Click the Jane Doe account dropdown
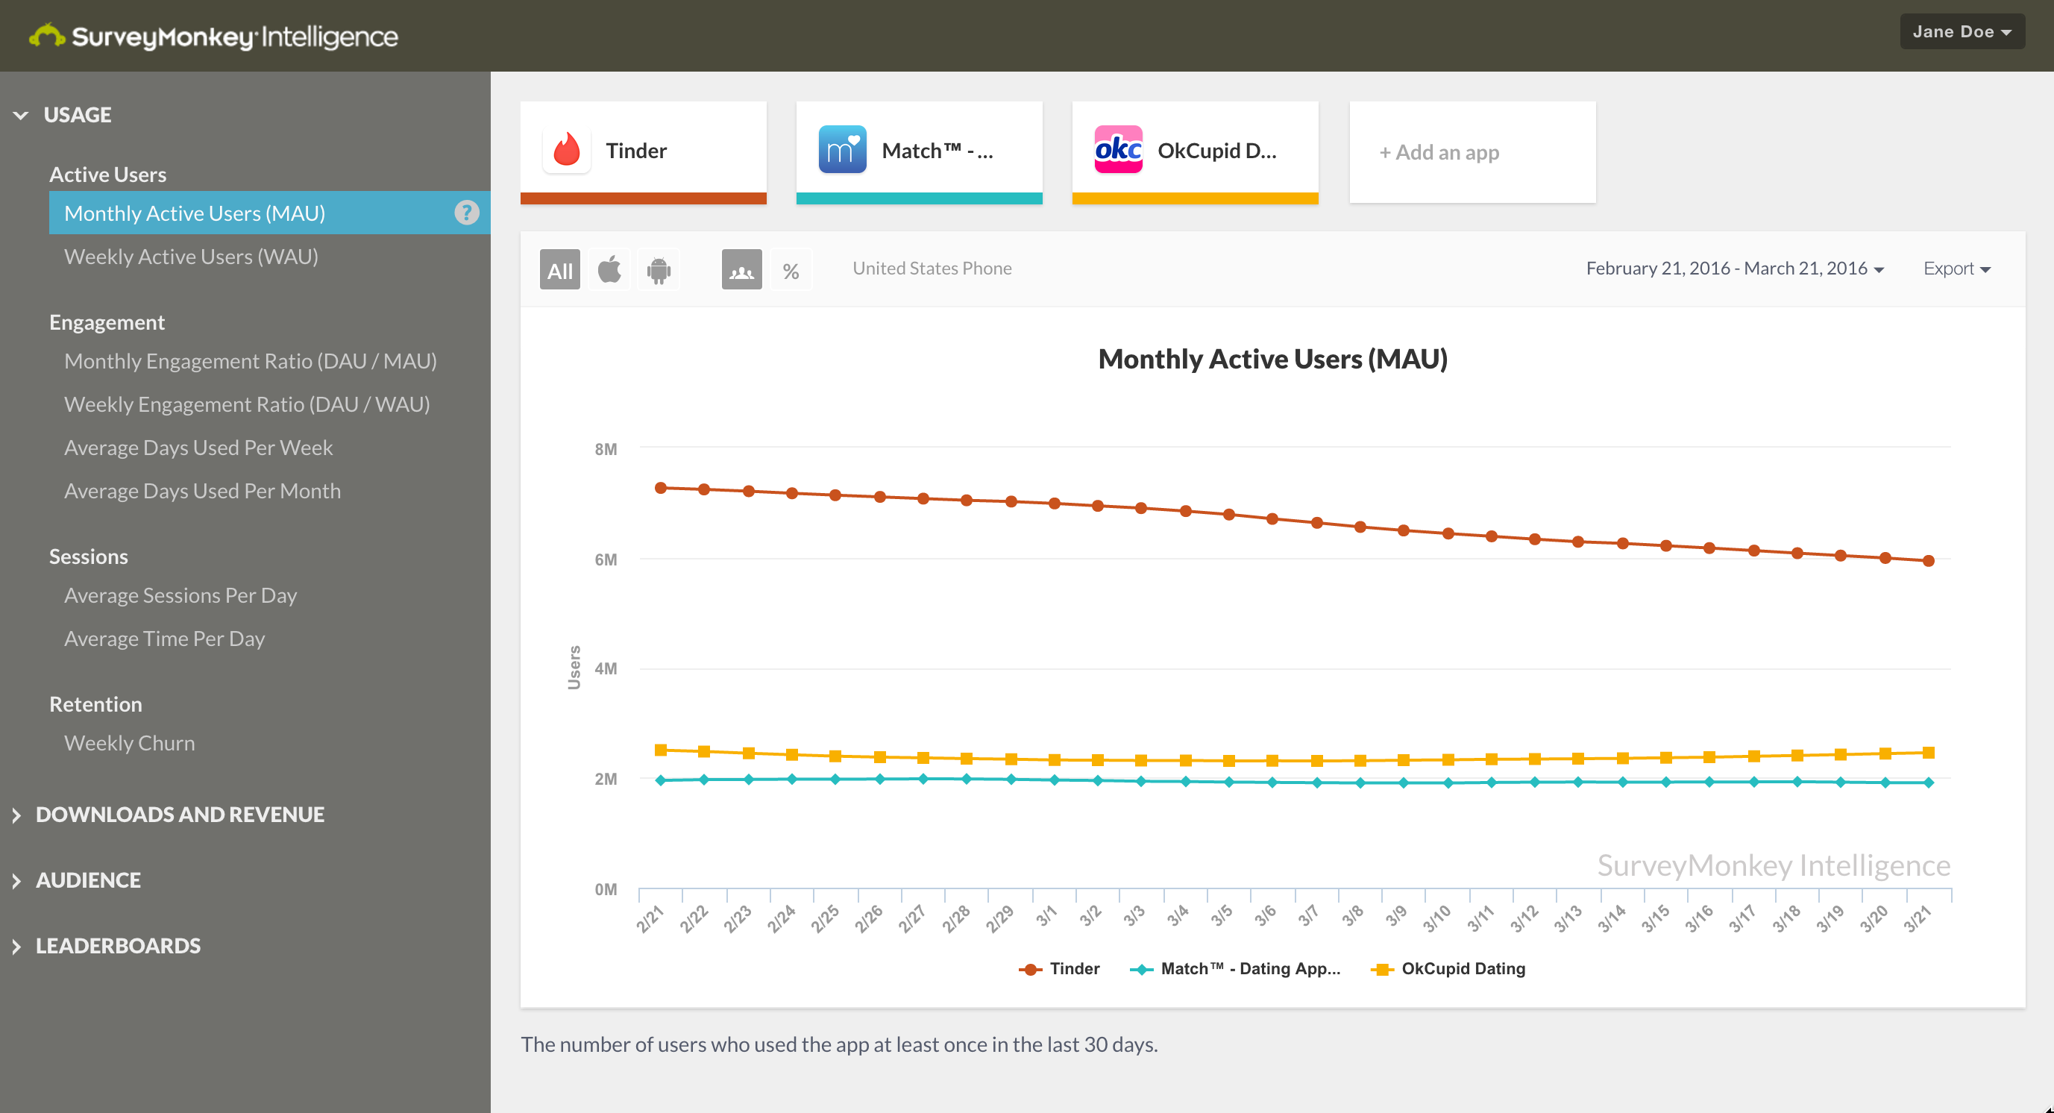click(x=1961, y=32)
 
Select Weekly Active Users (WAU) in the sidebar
click(x=191, y=257)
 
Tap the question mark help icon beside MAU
click(x=466, y=213)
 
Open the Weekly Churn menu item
click(x=129, y=743)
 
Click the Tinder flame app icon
click(x=566, y=150)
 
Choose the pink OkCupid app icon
click(x=1118, y=150)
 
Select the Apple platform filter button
click(x=609, y=269)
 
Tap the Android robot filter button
click(x=659, y=269)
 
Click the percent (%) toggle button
click(x=790, y=269)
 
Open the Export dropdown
click(x=1956, y=269)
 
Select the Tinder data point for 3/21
click(x=1928, y=560)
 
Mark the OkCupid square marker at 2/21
click(x=660, y=750)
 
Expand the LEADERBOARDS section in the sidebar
click(x=117, y=946)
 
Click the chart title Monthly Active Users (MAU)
click(x=1272, y=359)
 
